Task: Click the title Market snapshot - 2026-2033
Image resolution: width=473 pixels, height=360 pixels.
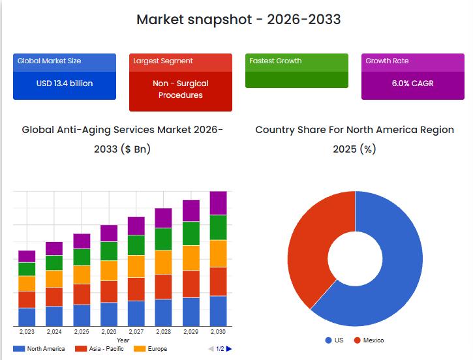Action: pos(238,19)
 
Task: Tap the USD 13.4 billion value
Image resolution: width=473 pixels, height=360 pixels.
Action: pos(65,83)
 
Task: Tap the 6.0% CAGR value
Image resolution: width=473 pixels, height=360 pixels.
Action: pos(412,83)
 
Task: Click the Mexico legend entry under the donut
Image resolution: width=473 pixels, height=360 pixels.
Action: pos(369,340)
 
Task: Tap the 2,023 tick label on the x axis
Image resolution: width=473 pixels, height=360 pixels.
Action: pos(27,332)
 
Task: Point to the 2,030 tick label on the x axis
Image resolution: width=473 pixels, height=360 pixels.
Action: pos(218,332)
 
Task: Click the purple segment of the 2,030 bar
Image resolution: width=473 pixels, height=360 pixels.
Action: pos(218,203)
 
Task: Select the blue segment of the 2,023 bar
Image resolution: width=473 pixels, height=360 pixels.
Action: pos(27,317)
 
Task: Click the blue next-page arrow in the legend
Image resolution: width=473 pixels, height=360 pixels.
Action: pos(229,349)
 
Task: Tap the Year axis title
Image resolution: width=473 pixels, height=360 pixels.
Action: pos(123,340)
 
